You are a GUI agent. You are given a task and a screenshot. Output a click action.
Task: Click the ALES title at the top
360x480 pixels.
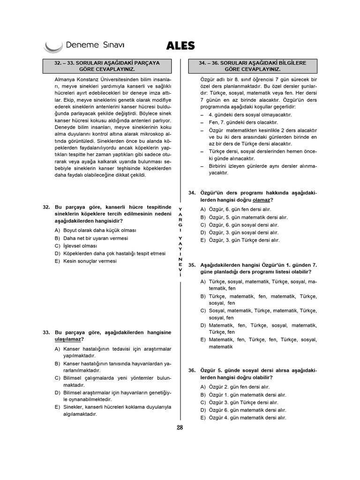[180, 45]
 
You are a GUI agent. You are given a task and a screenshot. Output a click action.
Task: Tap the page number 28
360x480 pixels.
[180, 427]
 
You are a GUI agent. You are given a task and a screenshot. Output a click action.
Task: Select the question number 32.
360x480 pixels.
[46, 207]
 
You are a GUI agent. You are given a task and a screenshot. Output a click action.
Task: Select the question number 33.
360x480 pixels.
[46, 332]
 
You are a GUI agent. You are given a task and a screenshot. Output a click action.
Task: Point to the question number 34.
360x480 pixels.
[192, 193]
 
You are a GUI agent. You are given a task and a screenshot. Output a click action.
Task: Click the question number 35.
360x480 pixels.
[192, 265]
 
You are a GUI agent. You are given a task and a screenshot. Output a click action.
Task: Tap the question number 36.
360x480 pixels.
[192, 370]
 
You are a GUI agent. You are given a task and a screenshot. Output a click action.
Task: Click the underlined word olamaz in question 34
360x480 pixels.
[262, 200]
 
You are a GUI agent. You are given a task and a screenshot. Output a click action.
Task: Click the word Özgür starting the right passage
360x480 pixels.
[208, 79]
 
